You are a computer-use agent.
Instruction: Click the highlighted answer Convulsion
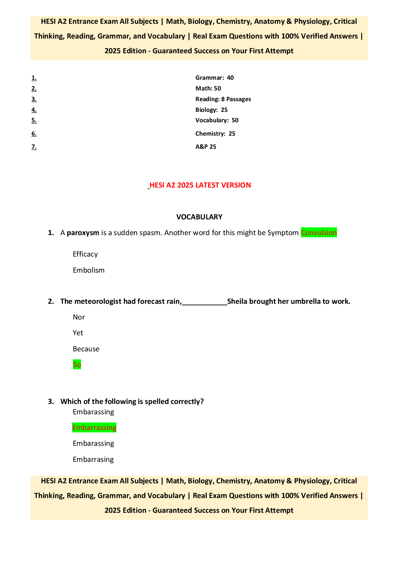(319, 233)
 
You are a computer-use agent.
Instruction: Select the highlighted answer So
(77, 364)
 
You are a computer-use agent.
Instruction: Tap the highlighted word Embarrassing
(94, 428)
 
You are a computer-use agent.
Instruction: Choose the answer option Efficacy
(85, 254)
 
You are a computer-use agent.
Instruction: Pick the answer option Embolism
(89, 270)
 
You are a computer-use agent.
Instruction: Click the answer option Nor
(79, 317)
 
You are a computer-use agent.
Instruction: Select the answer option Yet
(78, 333)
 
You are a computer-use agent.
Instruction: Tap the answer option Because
(86, 349)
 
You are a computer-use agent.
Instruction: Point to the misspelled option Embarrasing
(93, 460)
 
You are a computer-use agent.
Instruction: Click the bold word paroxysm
(83, 233)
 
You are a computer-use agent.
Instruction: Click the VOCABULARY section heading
(199, 217)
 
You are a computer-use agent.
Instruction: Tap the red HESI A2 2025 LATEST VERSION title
(200, 185)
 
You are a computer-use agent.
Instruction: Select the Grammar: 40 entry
(215, 78)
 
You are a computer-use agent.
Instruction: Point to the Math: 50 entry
(208, 88)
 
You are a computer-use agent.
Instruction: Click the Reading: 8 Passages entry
(223, 99)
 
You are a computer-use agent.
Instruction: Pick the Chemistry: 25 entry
(215, 134)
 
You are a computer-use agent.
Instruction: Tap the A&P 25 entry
(206, 147)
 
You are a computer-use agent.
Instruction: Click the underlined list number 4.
(34, 110)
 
